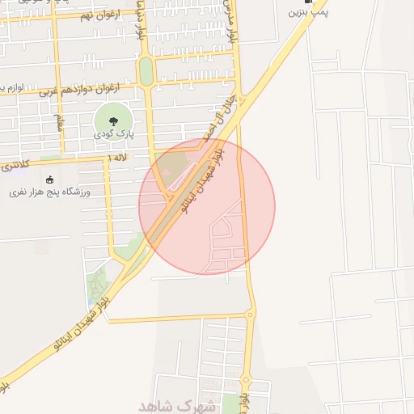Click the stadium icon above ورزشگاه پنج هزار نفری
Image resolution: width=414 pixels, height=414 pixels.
pyautogui.click(x=51, y=180)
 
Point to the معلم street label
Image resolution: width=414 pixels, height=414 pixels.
pyautogui.click(x=58, y=123)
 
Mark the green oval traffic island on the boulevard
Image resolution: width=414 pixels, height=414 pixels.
pyautogui.click(x=146, y=71)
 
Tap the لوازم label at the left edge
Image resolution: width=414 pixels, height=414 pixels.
pyautogui.click(x=8, y=86)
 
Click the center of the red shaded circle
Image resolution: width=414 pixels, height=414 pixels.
pyautogui.click(x=207, y=206)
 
